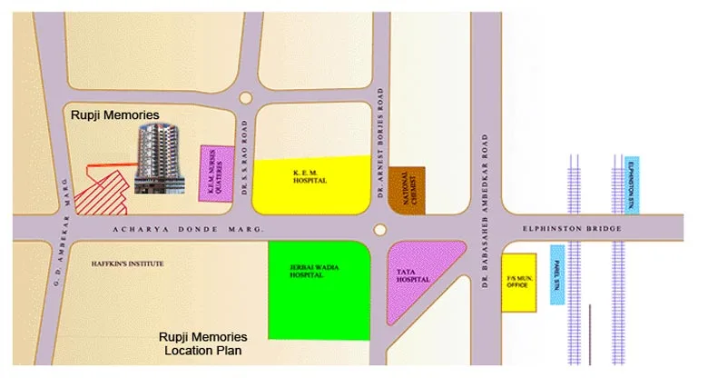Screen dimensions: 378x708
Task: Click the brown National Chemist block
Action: point(407,188)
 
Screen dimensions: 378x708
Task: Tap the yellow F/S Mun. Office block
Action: point(519,283)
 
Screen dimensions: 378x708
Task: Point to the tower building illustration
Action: point(158,159)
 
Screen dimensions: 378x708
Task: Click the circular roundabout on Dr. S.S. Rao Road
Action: point(244,97)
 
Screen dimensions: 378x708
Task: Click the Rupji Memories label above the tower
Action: point(115,115)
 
